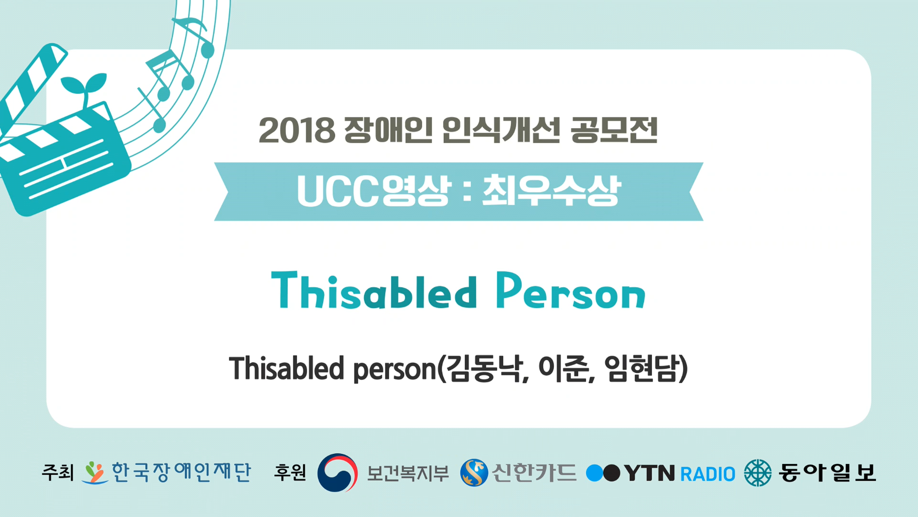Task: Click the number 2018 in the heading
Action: click(297, 130)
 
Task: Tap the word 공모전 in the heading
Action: click(614, 130)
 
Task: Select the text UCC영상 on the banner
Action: click(373, 191)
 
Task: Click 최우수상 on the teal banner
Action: click(551, 191)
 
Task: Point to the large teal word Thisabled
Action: click(374, 290)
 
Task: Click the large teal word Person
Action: click(571, 290)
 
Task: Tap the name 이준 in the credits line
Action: click(564, 369)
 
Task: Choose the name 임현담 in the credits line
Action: click(642, 369)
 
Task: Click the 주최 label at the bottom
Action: click(58, 472)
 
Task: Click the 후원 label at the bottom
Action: click(290, 472)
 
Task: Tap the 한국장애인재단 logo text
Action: click(181, 472)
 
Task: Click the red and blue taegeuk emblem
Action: click(338, 472)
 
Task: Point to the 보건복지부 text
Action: click(408, 473)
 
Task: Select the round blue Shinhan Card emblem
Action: click(474, 473)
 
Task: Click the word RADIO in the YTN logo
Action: click(708, 474)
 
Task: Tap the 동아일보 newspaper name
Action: click(827, 472)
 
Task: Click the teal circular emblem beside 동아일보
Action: click(758, 473)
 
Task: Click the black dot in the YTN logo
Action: click(612, 473)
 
